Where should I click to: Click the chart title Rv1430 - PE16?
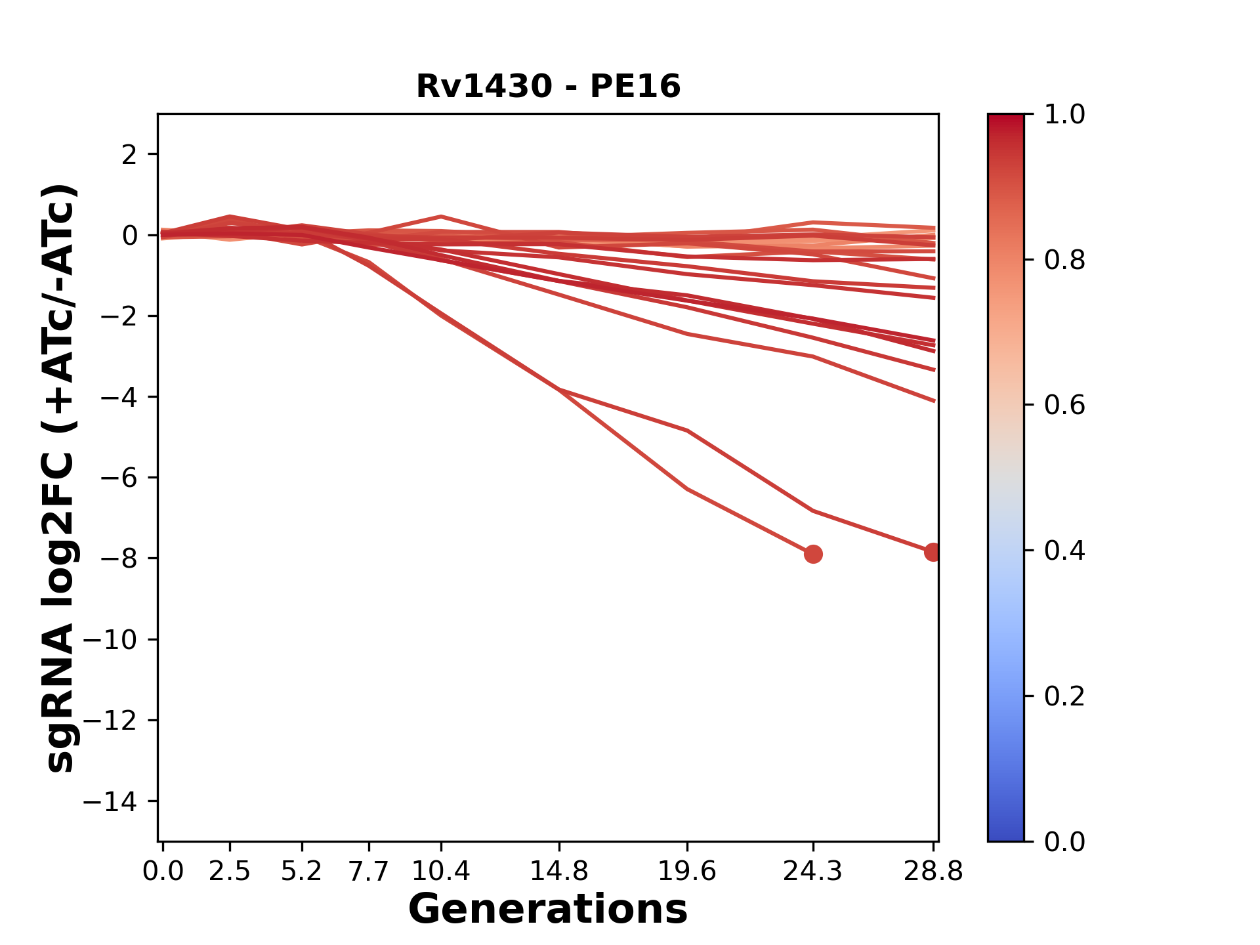[x=548, y=87]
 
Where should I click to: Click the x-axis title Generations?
[x=548, y=910]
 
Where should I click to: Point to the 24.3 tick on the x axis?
[x=813, y=871]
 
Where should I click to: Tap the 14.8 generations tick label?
[x=558, y=871]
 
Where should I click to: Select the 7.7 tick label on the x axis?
[x=369, y=871]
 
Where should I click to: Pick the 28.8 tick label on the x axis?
[x=933, y=871]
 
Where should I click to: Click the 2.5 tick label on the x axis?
[x=230, y=871]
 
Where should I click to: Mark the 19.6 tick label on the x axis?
[x=686, y=871]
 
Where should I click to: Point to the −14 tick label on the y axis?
[x=110, y=801]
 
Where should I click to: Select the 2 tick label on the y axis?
[x=129, y=155]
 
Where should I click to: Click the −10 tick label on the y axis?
[x=110, y=640]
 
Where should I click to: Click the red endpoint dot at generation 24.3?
[x=813, y=555]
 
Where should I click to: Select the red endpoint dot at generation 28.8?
[x=933, y=553]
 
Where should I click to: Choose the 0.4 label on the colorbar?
[x=1064, y=551]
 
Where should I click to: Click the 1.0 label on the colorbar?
[x=1064, y=115]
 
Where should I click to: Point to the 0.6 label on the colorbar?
[x=1064, y=406]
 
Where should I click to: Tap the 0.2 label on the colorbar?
[x=1064, y=696]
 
